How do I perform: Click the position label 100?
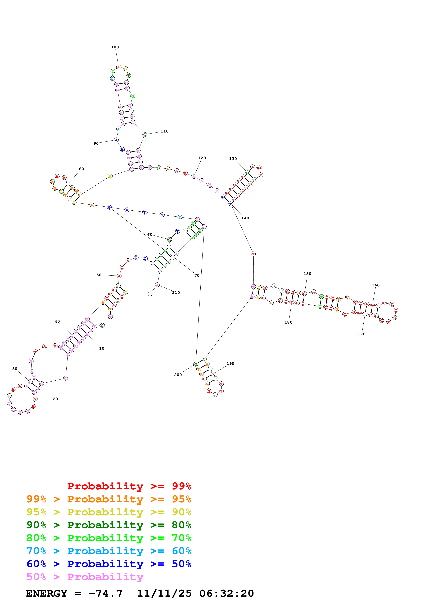click(115, 47)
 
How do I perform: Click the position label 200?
click(178, 375)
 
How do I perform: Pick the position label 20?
click(55, 399)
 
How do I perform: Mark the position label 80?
click(81, 169)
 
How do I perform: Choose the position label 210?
click(176, 292)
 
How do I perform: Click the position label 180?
click(288, 322)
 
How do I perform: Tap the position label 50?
click(99, 275)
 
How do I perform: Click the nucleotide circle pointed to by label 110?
click(144, 135)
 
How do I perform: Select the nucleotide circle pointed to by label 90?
click(116, 140)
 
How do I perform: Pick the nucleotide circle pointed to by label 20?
click(35, 399)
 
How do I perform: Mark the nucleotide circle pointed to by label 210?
click(157, 285)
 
